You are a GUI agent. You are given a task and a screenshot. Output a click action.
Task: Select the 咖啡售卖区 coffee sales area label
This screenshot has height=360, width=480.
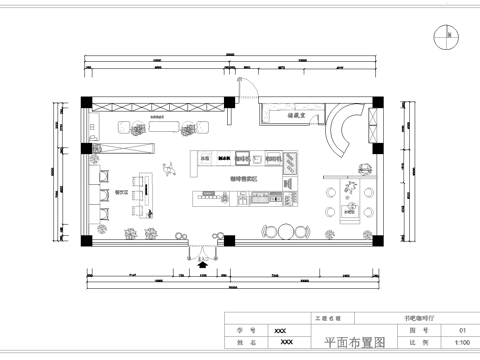coord(244,178)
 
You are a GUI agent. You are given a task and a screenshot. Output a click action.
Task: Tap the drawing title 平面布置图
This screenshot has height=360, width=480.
coord(355,342)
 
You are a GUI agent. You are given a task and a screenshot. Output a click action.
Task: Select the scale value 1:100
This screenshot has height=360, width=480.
coord(462,342)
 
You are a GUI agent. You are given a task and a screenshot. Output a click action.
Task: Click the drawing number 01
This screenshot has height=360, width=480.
coord(462,329)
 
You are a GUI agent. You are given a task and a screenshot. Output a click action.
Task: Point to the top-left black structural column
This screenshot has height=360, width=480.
coord(87,103)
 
